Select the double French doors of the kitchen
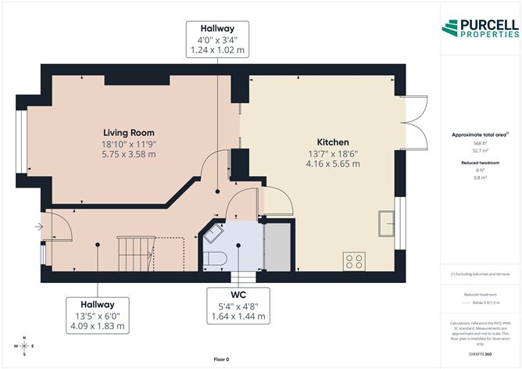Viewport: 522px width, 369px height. [414, 122]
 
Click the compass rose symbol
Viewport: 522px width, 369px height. [24, 345]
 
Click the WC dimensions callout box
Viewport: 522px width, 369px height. [238, 306]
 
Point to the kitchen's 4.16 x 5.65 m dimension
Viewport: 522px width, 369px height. [333, 164]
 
